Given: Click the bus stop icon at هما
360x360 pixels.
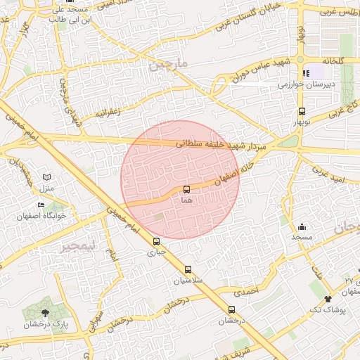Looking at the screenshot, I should [x=186, y=189].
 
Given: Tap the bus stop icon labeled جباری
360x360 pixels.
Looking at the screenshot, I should [x=156, y=241].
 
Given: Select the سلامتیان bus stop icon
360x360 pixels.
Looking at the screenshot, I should [x=188, y=269].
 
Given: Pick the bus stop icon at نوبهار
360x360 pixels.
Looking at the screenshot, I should [x=302, y=111].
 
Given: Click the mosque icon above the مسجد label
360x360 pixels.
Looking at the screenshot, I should [x=302, y=226].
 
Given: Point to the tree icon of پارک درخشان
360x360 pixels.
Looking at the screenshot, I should [x=46, y=312].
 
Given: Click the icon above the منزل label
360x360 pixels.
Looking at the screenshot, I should [x=46, y=177].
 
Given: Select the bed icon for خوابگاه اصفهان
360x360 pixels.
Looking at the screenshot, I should [x=41, y=205].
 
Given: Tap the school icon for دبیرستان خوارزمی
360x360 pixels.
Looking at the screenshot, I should [x=306, y=73].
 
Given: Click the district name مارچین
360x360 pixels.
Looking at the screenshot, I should [x=169, y=65].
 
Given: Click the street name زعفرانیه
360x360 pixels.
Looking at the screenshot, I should [x=109, y=111].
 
